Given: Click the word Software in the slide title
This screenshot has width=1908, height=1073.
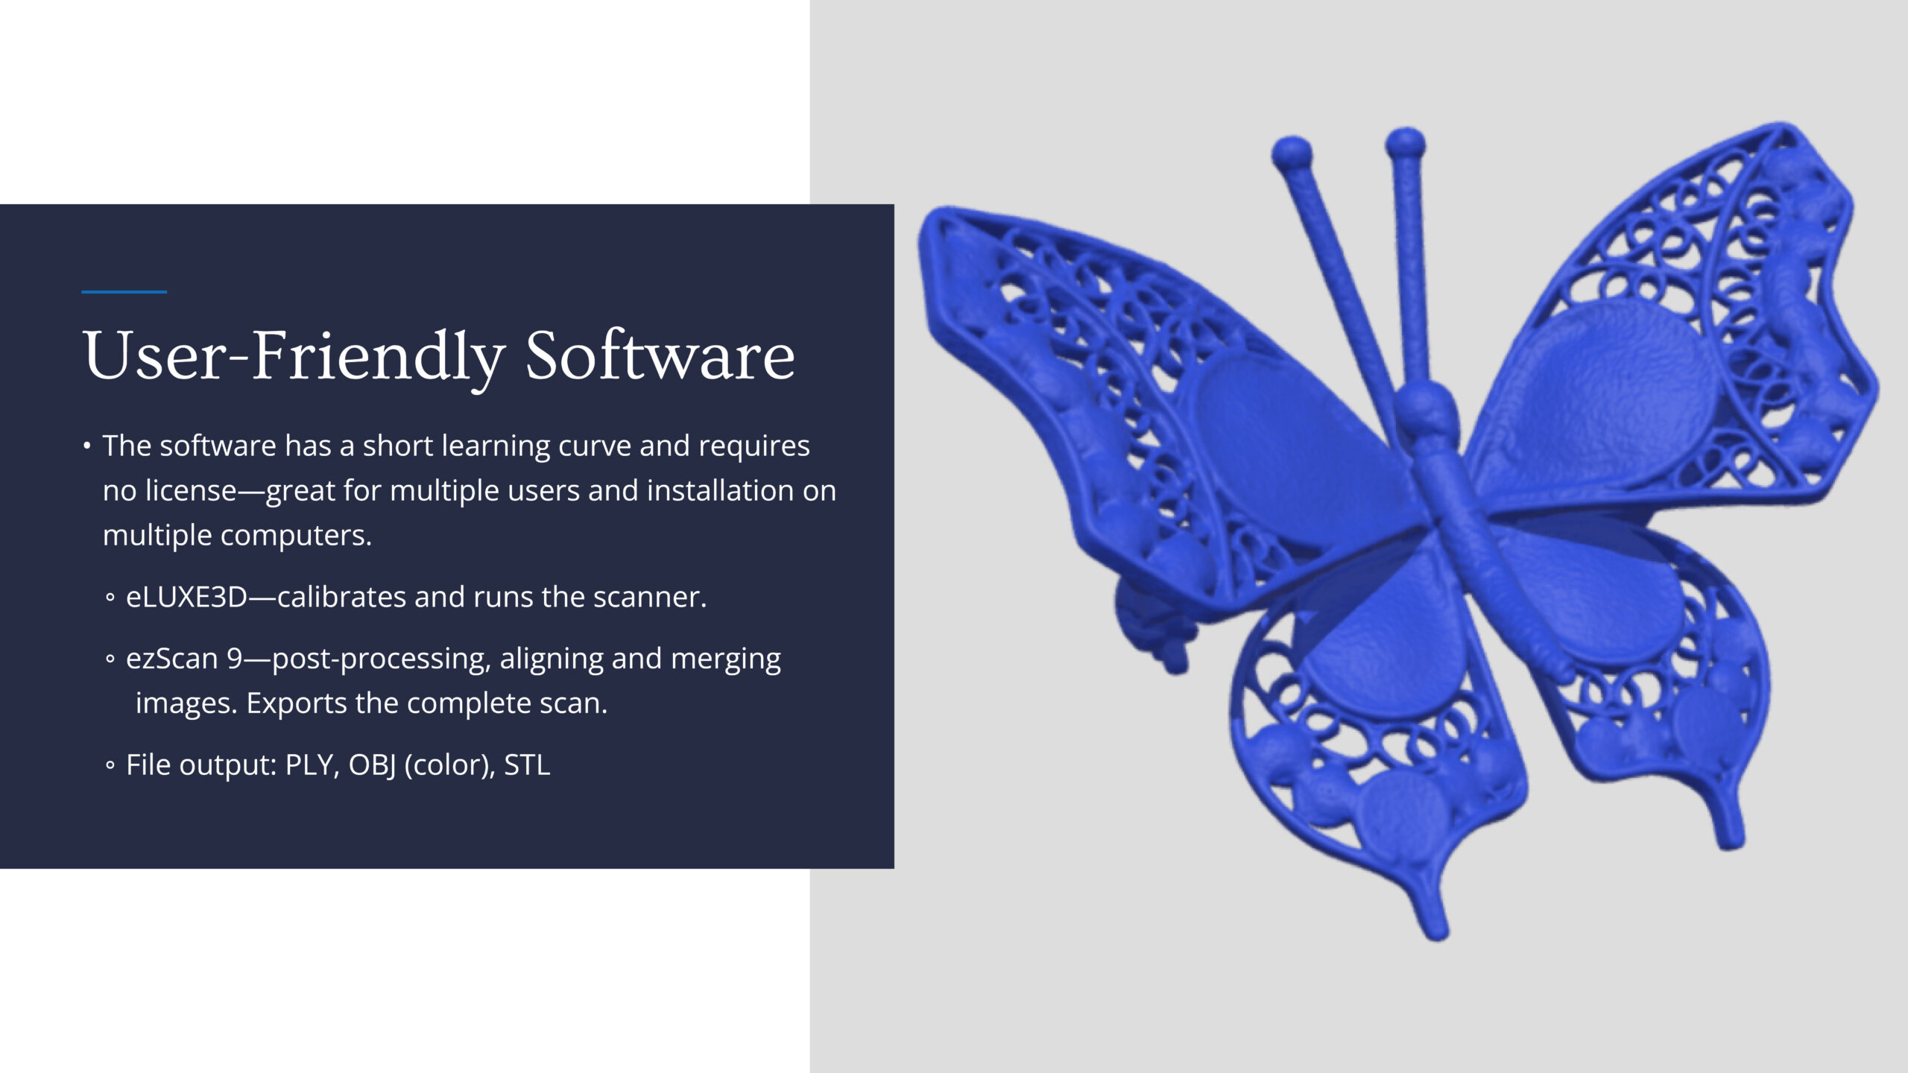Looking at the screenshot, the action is point(660,355).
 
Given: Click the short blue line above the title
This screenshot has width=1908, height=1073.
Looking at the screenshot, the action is point(124,292).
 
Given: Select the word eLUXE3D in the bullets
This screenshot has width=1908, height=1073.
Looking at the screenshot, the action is point(186,597).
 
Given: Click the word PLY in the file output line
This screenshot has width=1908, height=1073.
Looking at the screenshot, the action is point(309,765).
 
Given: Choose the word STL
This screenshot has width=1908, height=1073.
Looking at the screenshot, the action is point(528,765).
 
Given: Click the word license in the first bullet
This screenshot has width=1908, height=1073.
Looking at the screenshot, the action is point(191,490).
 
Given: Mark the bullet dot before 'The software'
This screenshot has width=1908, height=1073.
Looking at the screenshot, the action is point(87,446).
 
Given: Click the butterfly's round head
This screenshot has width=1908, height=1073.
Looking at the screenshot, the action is point(1425,409).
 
